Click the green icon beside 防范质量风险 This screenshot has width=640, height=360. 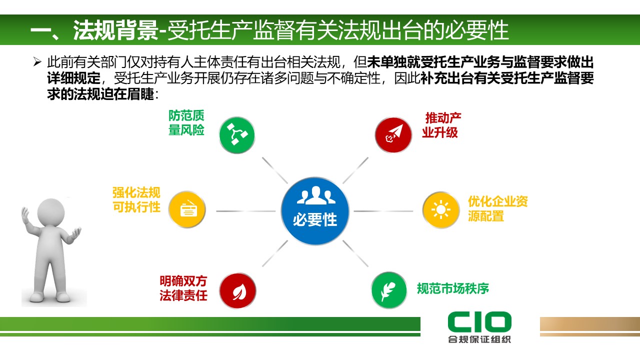(x=236, y=134)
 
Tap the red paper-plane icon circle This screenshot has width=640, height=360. (x=393, y=134)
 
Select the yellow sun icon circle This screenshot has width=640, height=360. (x=440, y=210)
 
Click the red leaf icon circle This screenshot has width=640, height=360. (x=237, y=291)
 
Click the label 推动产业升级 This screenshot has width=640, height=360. (x=441, y=125)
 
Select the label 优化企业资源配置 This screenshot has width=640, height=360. (x=497, y=208)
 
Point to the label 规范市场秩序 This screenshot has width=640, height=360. (x=452, y=288)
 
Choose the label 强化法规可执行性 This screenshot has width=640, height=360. (x=136, y=200)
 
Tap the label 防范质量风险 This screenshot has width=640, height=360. (x=186, y=123)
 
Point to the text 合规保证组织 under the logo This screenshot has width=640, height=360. (x=479, y=340)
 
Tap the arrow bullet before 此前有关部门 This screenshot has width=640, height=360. (x=36, y=62)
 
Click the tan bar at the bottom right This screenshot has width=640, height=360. (x=589, y=325)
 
